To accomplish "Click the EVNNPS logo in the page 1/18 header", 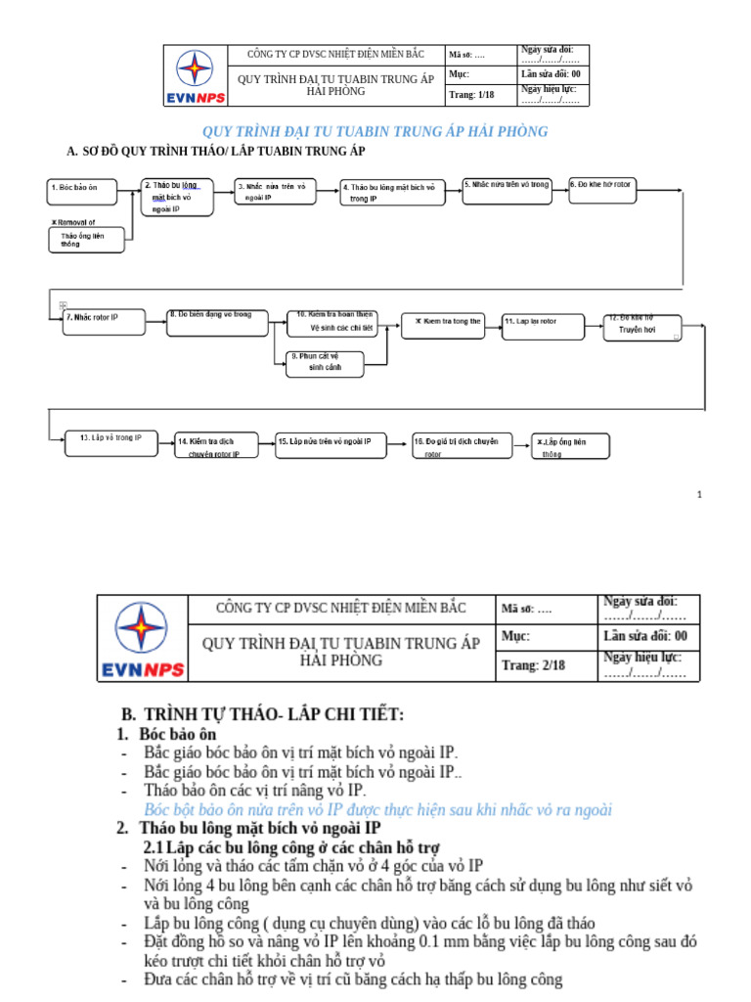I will tap(194, 75).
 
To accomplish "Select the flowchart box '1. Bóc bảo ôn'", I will tap(86, 190).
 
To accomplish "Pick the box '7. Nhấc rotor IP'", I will tap(103, 322).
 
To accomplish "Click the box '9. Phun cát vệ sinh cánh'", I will tap(325, 363).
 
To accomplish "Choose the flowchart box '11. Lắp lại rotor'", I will tap(542, 326).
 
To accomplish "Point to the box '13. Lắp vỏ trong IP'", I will tap(110, 443).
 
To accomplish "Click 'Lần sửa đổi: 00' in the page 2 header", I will tap(644, 636).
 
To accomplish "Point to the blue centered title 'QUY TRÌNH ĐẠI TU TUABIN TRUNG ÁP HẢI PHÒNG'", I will tap(375, 131).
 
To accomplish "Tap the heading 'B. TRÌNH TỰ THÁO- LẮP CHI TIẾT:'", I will tap(261, 713).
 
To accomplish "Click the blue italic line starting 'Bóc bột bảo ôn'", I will tap(377, 809).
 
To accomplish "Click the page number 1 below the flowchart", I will tap(699, 495).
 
